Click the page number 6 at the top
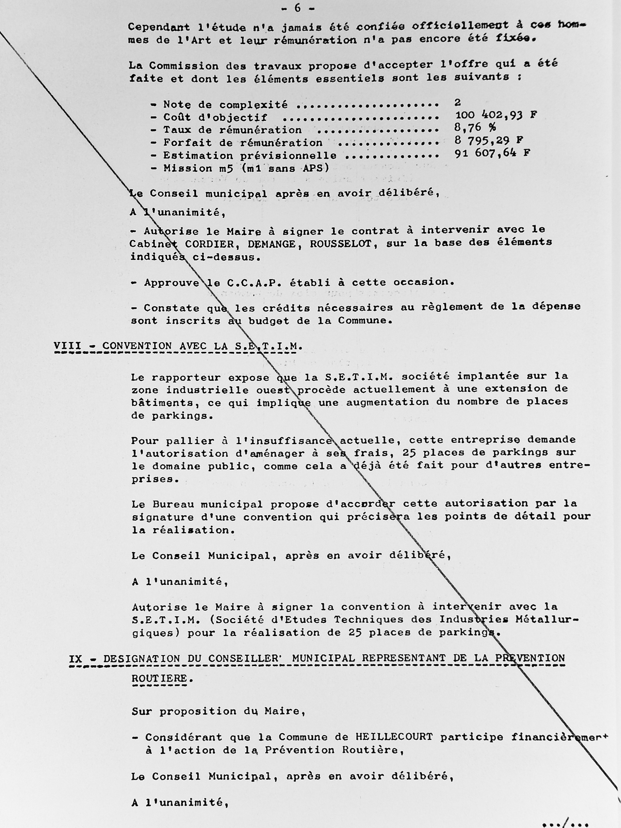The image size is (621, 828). (x=298, y=8)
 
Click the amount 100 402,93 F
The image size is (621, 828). (x=496, y=115)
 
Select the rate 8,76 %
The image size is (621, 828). (x=475, y=128)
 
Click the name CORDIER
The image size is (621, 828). (x=207, y=244)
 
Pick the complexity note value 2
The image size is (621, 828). (x=457, y=102)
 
